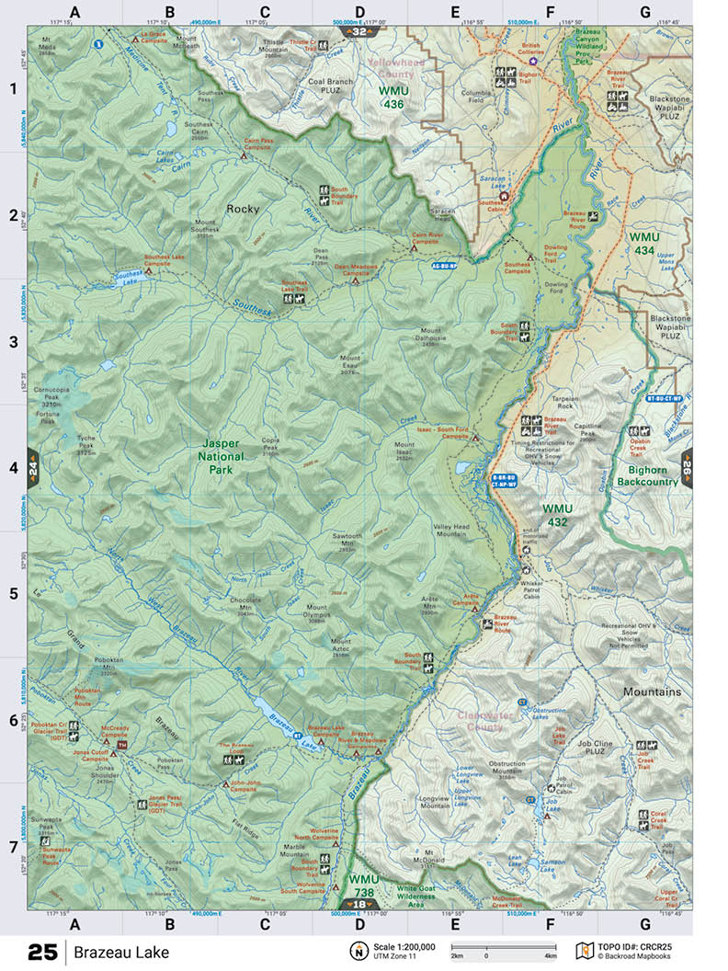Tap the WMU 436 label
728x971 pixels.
pos(394,97)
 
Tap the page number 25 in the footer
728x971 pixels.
pos(42,952)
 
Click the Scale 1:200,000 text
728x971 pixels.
pos(404,946)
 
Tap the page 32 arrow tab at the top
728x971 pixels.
pos(359,31)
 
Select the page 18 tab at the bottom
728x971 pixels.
pos(359,904)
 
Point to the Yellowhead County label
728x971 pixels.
pos(392,67)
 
